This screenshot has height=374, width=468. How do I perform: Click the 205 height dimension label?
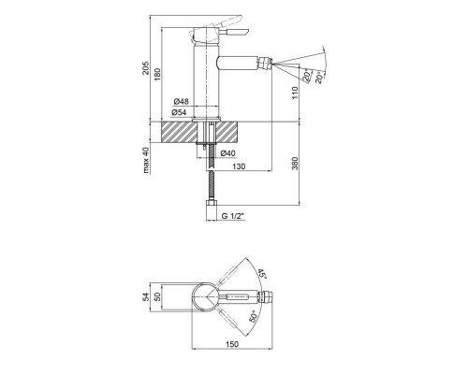[146, 68]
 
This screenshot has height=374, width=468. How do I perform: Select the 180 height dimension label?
[157, 75]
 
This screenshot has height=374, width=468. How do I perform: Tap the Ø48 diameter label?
[181, 102]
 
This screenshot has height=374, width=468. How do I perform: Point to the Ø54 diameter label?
[179, 112]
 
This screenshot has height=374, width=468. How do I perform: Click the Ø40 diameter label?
[228, 153]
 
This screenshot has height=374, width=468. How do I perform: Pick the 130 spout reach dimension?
[239, 166]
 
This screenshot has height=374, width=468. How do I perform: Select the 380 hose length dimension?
[295, 164]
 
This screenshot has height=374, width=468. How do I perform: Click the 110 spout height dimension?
[295, 93]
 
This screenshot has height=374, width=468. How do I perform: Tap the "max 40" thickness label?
[146, 160]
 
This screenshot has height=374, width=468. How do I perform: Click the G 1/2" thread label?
[232, 216]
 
